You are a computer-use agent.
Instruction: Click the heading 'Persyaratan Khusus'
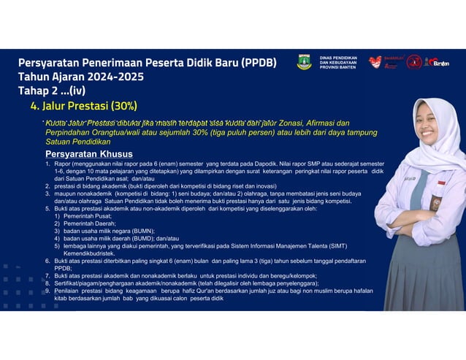tap(88, 154)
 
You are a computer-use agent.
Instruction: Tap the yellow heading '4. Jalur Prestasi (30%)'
tap(84, 106)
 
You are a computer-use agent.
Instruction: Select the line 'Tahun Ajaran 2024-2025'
tap(81, 77)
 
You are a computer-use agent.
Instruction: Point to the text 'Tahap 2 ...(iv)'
tap(58, 91)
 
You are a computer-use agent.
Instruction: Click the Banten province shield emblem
tap(304, 62)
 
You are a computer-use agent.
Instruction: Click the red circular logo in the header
tap(413, 62)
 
